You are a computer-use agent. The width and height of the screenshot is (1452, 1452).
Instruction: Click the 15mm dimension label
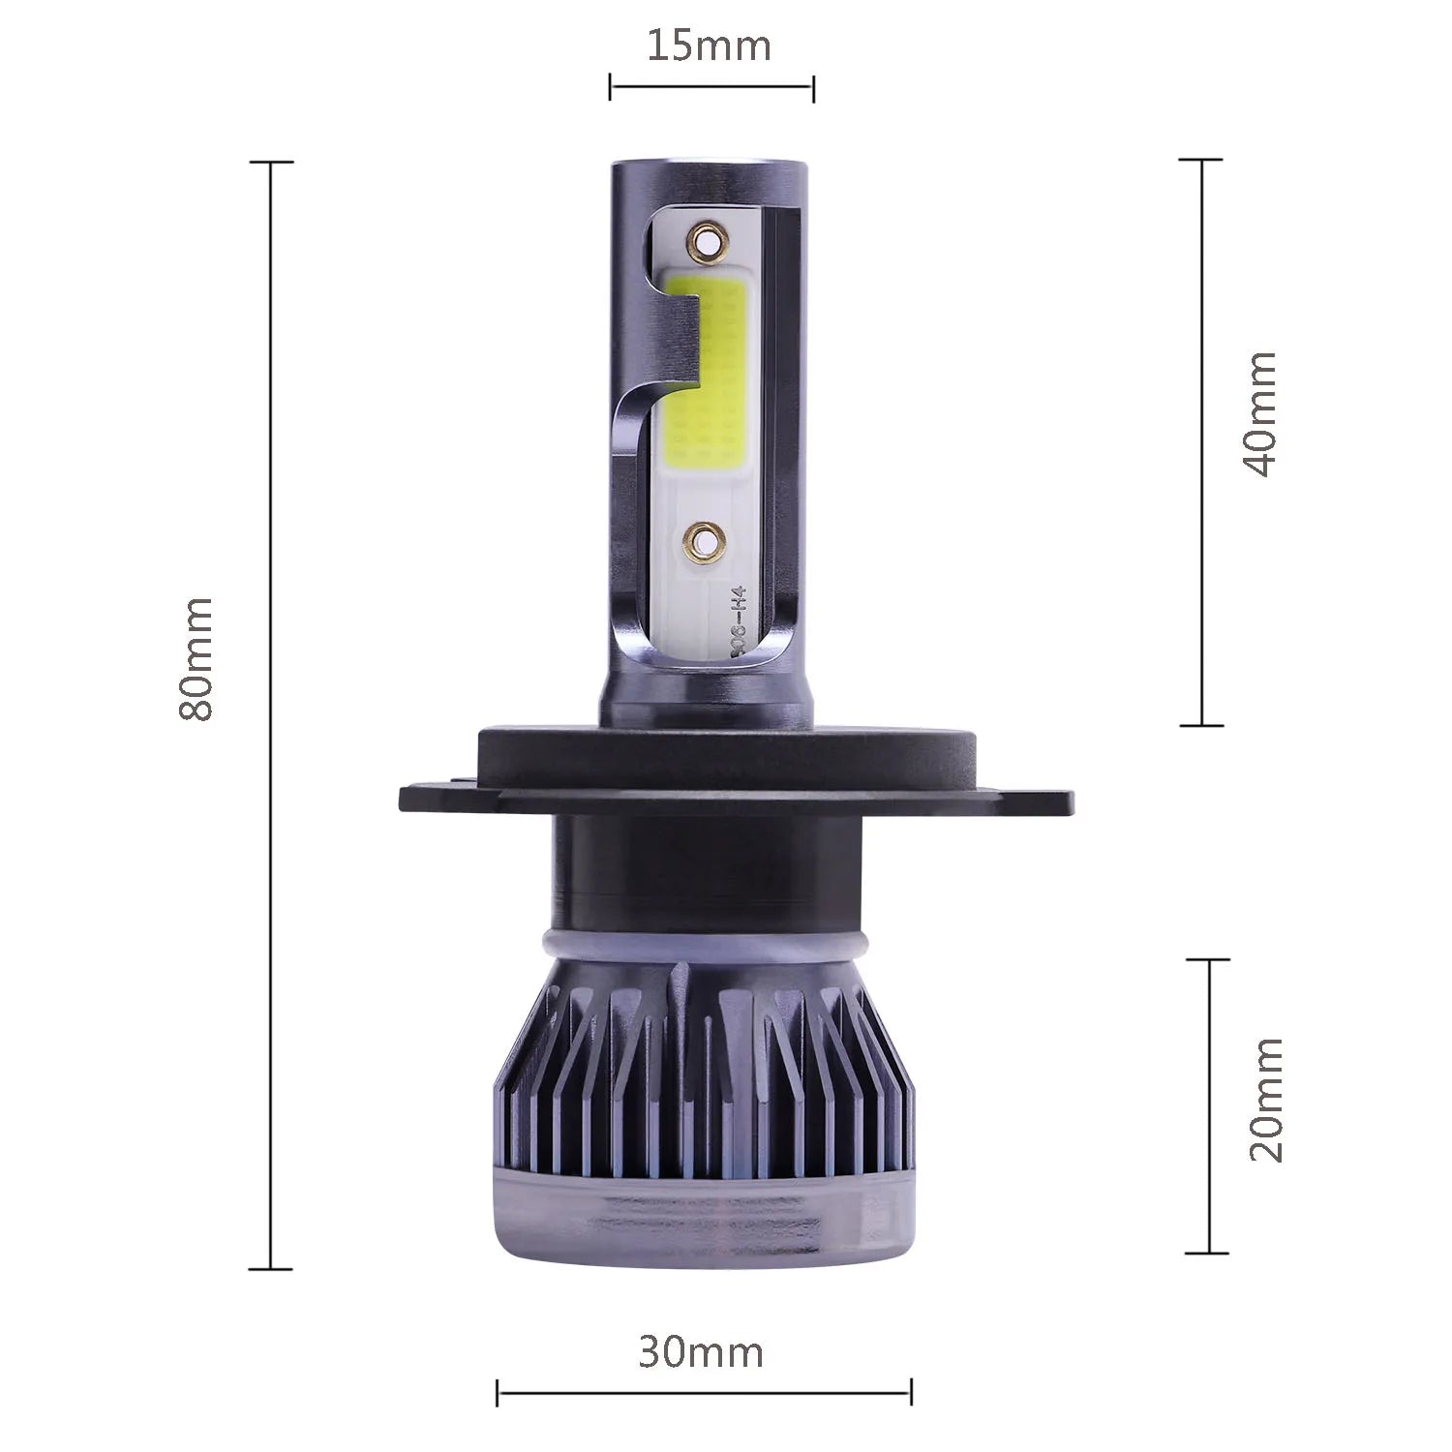coord(710,45)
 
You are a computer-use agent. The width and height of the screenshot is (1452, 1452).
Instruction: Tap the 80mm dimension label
coord(196,658)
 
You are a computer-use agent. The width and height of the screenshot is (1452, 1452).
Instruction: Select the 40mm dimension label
coord(1258,414)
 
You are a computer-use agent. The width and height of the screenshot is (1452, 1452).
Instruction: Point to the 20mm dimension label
coord(1265,1099)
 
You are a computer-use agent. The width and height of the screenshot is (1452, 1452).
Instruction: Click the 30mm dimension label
coord(701,1352)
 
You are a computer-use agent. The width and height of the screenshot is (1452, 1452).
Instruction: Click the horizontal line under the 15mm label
coord(711,87)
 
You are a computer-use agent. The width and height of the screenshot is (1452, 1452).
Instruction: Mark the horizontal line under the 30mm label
coord(704,1394)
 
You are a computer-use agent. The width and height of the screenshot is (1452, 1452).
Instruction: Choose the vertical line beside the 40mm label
coord(1202,441)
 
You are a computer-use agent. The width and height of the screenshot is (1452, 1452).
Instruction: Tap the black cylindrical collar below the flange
coord(704,866)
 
